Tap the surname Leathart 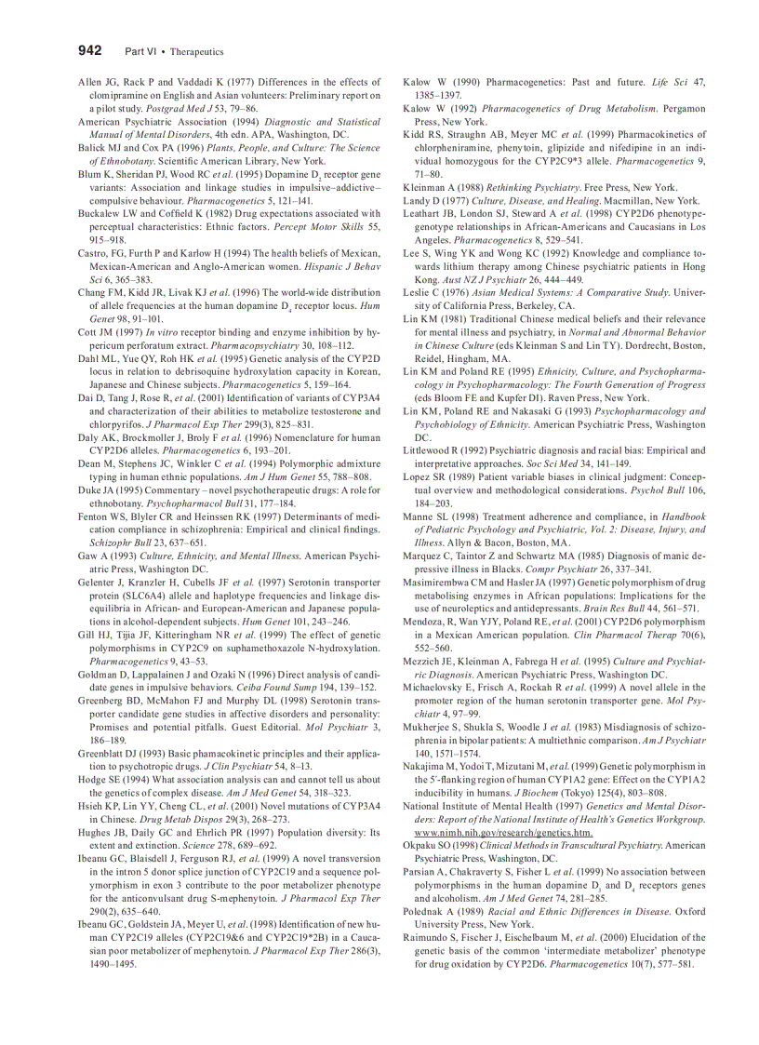pyautogui.click(x=425, y=213)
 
